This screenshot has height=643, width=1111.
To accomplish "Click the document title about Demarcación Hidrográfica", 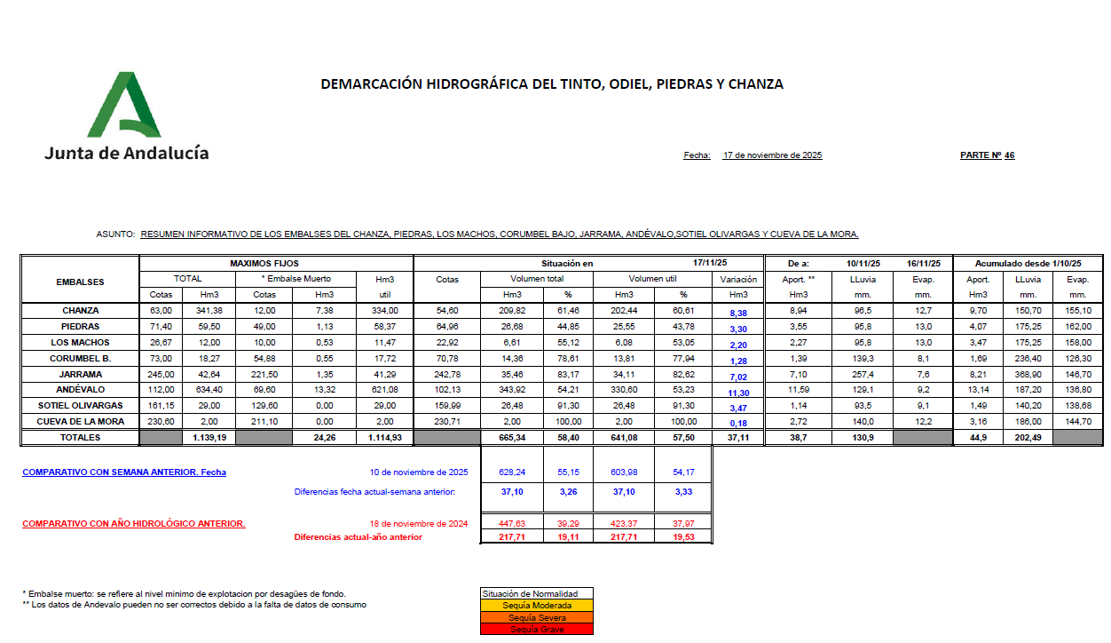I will (x=551, y=84).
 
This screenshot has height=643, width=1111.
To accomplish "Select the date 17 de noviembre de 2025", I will (x=772, y=155).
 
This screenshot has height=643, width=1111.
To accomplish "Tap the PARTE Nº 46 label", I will (x=987, y=155).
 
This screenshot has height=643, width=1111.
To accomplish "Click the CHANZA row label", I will (x=81, y=311).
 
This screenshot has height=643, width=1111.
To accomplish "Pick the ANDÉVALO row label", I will (x=81, y=390).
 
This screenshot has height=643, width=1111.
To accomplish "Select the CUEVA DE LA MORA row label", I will (x=81, y=421).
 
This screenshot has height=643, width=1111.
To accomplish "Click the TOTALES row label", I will (x=81, y=438).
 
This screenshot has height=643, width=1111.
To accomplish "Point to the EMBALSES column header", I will (x=81, y=282).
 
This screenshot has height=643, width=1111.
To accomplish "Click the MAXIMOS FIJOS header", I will (x=264, y=264).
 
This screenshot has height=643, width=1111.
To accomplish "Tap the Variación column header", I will (x=737, y=279).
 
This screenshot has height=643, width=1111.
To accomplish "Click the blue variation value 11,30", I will (x=738, y=392).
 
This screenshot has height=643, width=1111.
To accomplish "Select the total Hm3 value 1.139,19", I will (x=209, y=438).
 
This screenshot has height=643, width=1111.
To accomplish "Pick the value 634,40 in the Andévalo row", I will (x=209, y=390).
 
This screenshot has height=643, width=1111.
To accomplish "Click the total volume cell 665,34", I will (x=513, y=438).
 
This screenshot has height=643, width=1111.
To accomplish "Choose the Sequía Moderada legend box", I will (x=535, y=606).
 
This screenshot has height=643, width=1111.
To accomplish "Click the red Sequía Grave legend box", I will (x=535, y=630).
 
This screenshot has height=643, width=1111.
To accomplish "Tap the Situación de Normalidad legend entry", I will (x=535, y=594).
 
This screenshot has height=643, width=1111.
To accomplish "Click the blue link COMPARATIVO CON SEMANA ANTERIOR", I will (x=124, y=472).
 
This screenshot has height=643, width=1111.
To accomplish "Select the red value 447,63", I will (x=513, y=524).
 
